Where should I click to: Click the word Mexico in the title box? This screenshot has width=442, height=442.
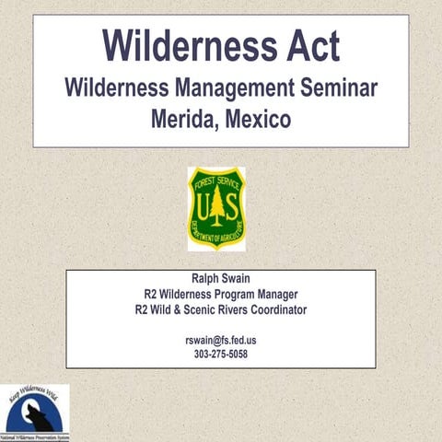pos(258,119)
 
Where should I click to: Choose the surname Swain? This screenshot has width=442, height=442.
pos(238,278)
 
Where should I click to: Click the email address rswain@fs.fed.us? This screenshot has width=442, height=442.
pos(221,340)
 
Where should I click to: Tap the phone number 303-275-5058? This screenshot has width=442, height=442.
pos(221,355)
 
